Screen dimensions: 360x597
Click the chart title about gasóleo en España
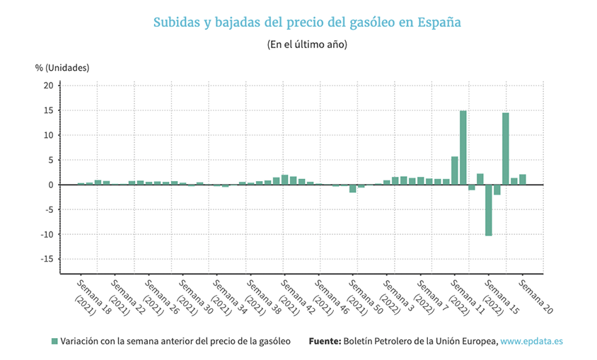(x=307, y=22)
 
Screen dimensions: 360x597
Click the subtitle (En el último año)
(x=307, y=44)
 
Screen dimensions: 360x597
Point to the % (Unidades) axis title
(x=62, y=68)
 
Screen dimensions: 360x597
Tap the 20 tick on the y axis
(x=49, y=86)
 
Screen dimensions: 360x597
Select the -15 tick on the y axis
(x=47, y=259)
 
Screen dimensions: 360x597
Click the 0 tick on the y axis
(x=51, y=185)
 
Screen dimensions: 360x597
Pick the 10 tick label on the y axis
(x=49, y=135)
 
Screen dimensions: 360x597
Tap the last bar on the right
(x=522, y=180)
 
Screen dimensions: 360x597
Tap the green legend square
(x=54, y=342)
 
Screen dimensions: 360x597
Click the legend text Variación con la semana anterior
(x=175, y=341)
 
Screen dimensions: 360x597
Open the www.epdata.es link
(x=531, y=341)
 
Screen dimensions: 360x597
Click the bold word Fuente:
(x=325, y=341)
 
